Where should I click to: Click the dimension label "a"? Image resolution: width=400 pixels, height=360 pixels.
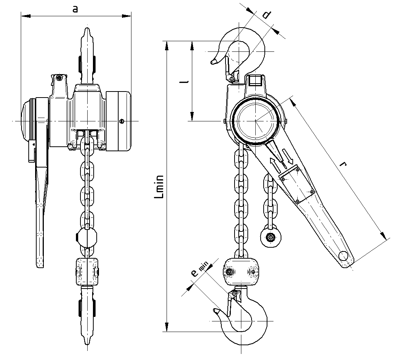pos(75,9)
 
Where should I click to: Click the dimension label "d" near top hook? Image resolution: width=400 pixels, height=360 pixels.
pos(267,15)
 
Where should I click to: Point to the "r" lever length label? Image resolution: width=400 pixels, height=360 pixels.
pos(343,164)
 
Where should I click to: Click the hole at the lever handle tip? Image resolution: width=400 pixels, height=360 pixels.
pos(343,256)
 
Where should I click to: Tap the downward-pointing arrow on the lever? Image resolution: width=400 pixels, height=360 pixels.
pos(287,156)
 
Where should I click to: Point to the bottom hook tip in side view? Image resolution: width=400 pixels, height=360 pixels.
pos(216,311)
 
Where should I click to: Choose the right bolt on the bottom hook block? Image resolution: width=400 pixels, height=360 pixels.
pos(253,272)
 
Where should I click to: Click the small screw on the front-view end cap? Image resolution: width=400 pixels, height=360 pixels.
pos(121,121)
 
